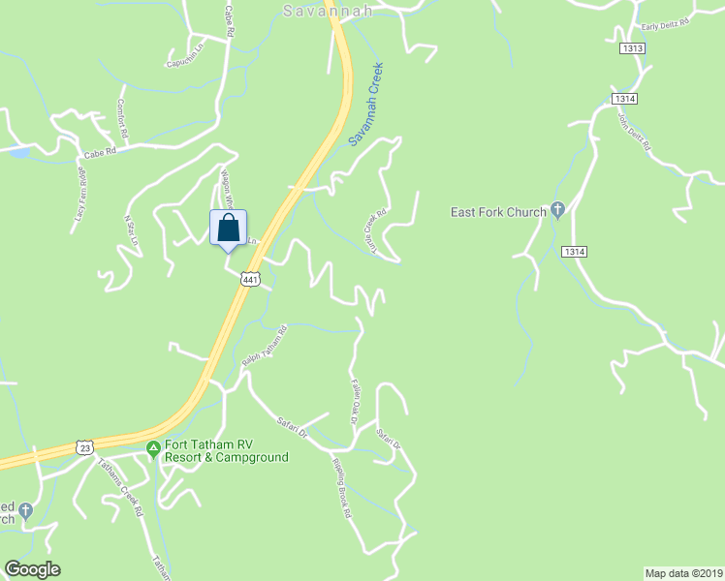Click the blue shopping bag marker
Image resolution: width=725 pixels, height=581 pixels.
point(228,229)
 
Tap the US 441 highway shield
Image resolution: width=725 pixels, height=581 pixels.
point(251,279)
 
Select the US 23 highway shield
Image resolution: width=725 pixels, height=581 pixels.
point(85,447)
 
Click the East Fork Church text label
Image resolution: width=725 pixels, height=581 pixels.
point(499,211)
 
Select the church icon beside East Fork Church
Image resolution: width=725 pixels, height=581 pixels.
point(557,210)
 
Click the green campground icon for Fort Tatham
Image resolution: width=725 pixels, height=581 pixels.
point(152,447)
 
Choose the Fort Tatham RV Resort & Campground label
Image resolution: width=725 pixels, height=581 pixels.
point(227,451)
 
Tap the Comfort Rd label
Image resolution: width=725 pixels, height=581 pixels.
point(122,117)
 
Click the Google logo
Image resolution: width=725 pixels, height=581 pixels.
point(32,569)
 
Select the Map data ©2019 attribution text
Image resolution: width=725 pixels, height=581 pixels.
point(683,573)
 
